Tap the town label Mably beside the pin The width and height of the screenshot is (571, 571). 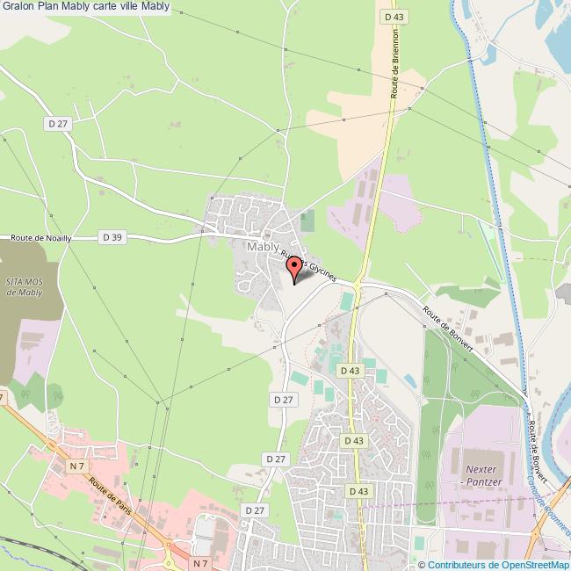coord(264,247)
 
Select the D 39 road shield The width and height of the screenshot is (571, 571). coord(112,237)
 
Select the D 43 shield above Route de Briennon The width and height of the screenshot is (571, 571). coord(393,17)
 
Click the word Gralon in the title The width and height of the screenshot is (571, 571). coord(18,8)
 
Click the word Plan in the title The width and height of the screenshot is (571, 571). coord(48,8)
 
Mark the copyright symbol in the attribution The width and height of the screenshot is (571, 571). coord(423,565)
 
